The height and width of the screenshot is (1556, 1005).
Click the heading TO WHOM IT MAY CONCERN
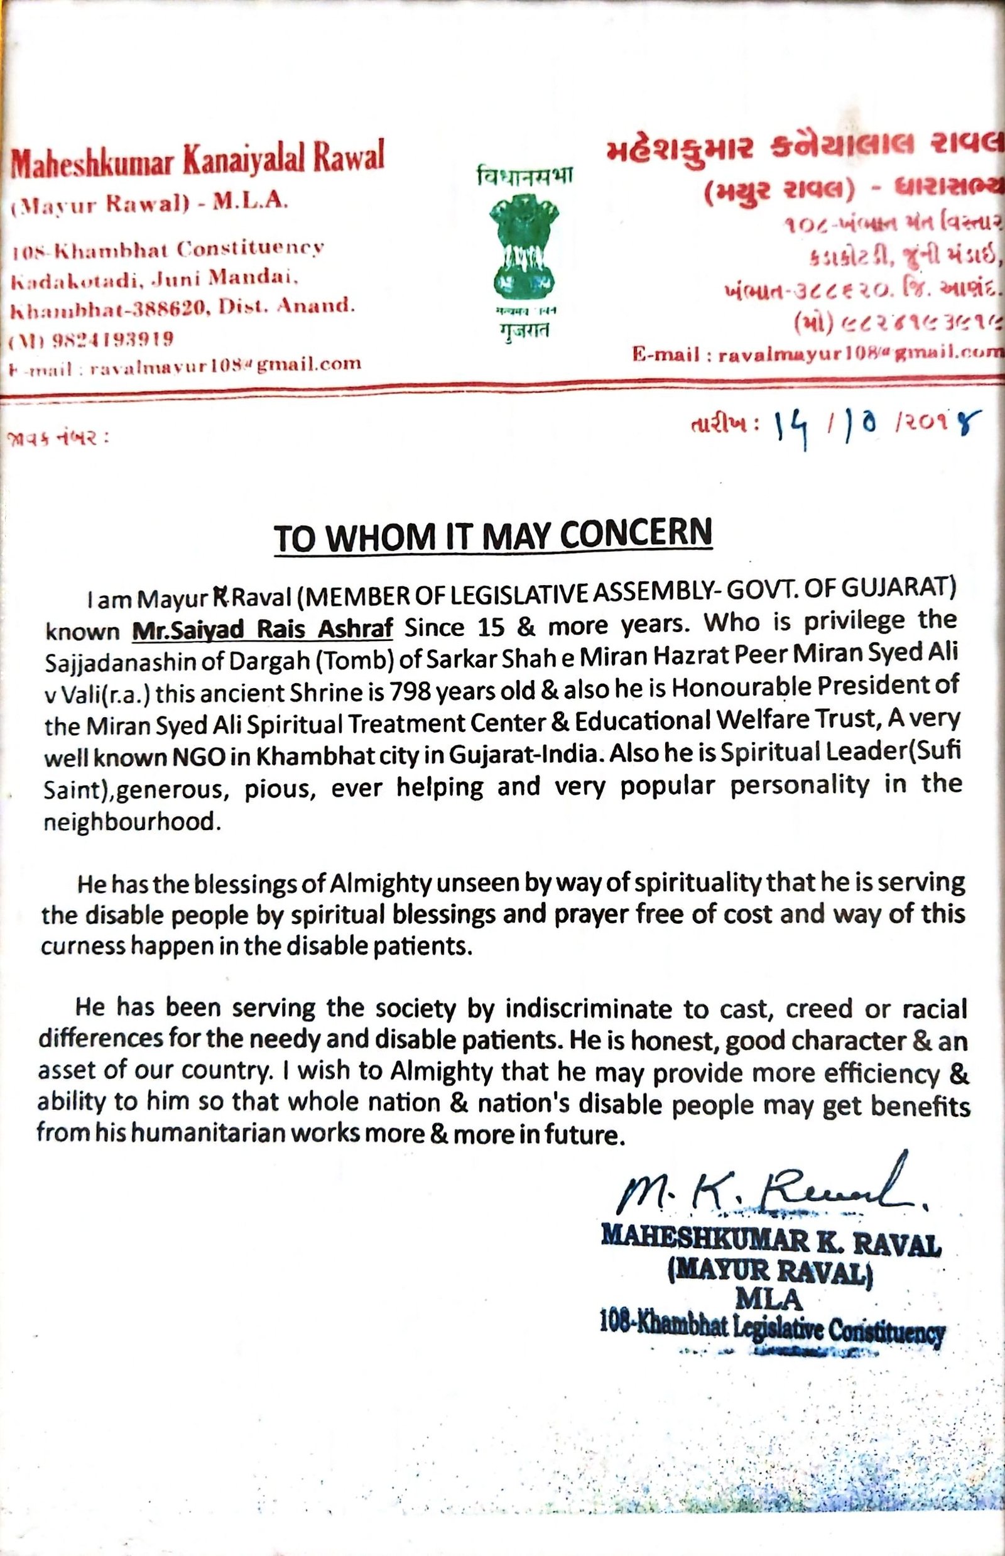click(492, 537)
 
